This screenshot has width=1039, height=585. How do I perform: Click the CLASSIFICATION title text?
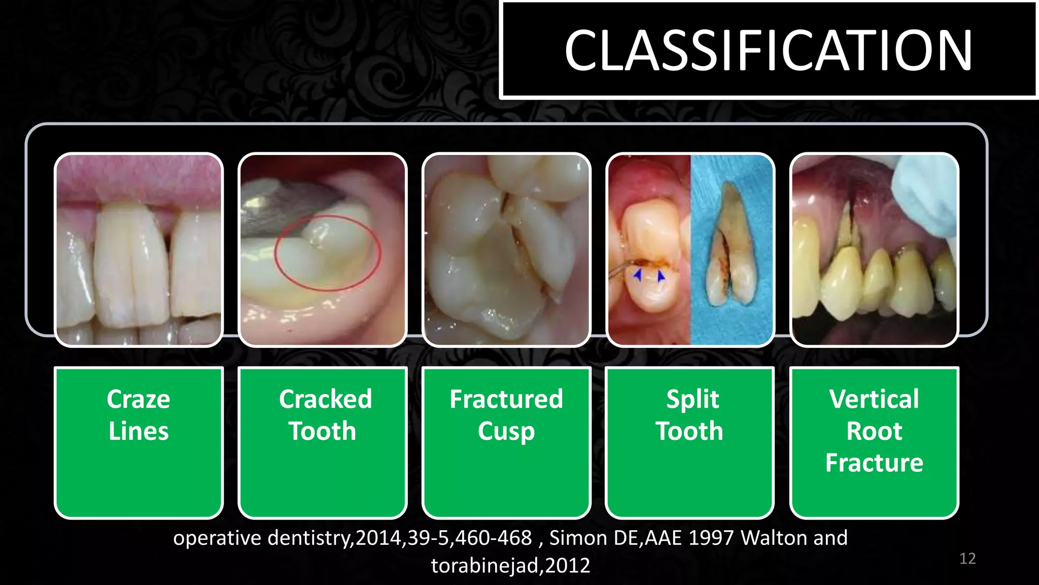[768, 50]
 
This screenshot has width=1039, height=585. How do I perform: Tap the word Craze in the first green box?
[138, 399]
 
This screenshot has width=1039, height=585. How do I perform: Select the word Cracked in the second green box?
[325, 399]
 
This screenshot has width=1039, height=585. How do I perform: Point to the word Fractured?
[506, 399]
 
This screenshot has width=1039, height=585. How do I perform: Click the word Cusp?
[506, 432]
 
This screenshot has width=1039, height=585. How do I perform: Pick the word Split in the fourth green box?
[692, 399]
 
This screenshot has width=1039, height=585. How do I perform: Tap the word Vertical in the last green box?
[874, 399]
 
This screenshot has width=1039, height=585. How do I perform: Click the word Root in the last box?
[874, 431]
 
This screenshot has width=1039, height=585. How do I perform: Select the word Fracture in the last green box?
[874, 463]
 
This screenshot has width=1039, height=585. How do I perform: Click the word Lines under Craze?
[138, 431]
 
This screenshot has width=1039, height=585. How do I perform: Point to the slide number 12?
[967, 559]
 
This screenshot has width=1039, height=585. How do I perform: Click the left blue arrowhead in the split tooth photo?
[638, 275]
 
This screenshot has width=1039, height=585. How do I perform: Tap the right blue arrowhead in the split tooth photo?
[661, 276]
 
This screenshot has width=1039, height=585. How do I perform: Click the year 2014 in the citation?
[378, 538]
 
